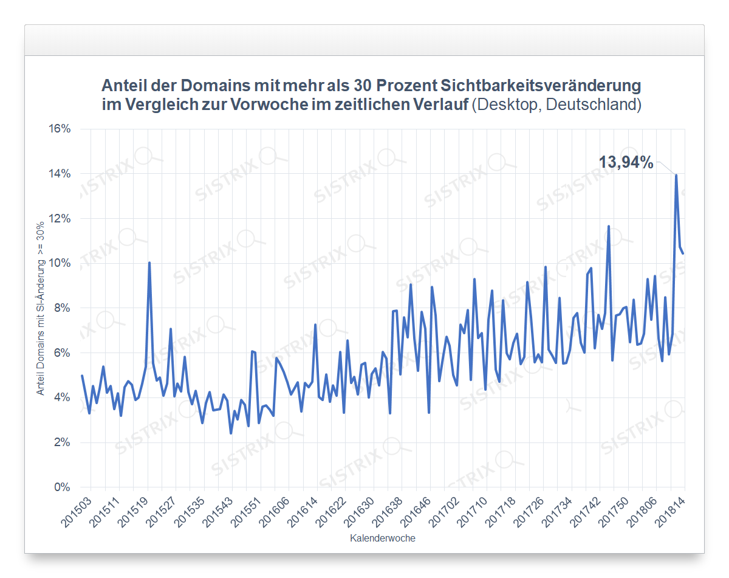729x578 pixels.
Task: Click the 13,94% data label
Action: (626, 162)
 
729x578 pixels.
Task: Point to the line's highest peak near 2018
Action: (676, 175)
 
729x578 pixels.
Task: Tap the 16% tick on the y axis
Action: (60, 129)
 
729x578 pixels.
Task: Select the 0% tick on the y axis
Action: (62, 487)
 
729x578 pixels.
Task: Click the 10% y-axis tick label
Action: (60, 263)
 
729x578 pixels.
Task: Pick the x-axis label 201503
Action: (77, 513)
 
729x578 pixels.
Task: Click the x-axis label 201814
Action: (672, 513)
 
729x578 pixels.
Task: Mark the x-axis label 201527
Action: (162, 513)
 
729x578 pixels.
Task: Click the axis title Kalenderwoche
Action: (383, 538)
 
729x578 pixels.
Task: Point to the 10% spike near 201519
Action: (149, 263)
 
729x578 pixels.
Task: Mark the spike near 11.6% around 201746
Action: (608, 227)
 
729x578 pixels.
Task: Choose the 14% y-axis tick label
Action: (60, 174)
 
